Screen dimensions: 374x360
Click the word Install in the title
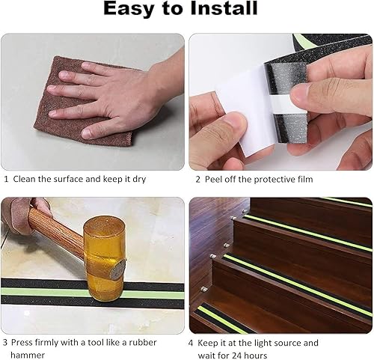tap(224, 9)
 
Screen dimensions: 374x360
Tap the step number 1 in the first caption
tap(6, 179)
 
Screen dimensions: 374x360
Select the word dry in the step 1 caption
tap(139, 180)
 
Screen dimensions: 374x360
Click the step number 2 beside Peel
tap(197, 180)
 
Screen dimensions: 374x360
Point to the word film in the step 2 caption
tap(305, 179)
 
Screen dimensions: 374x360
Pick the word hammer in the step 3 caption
tap(28, 355)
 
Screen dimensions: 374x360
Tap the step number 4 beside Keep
tap(191, 343)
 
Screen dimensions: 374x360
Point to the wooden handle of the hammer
tap(55, 231)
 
